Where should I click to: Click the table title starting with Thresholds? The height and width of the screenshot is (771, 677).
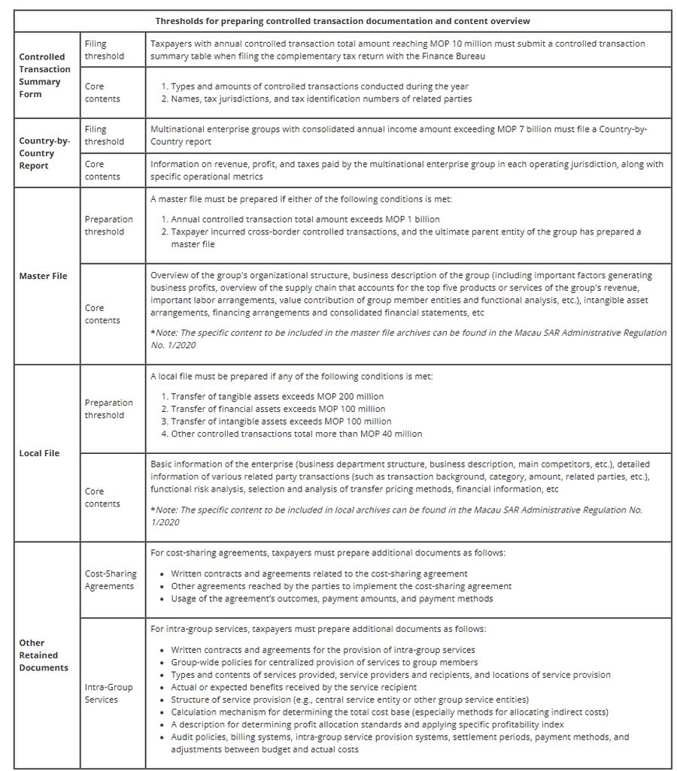[342, 20]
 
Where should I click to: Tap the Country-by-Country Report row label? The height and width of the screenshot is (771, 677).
[44, 153]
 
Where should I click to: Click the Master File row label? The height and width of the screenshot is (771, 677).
[43, 276]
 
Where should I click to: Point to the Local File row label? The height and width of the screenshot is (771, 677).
[39, 453]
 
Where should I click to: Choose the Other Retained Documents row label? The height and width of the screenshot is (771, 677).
[44, 655]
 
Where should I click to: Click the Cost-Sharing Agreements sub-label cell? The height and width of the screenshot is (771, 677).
[111, 580]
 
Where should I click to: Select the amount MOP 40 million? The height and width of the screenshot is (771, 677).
[394, 434]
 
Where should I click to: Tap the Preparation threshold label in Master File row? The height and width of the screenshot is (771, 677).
[109, 225]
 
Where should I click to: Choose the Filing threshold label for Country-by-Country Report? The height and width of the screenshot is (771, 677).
[105, 135]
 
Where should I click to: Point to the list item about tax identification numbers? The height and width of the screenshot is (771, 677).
[321, 98]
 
